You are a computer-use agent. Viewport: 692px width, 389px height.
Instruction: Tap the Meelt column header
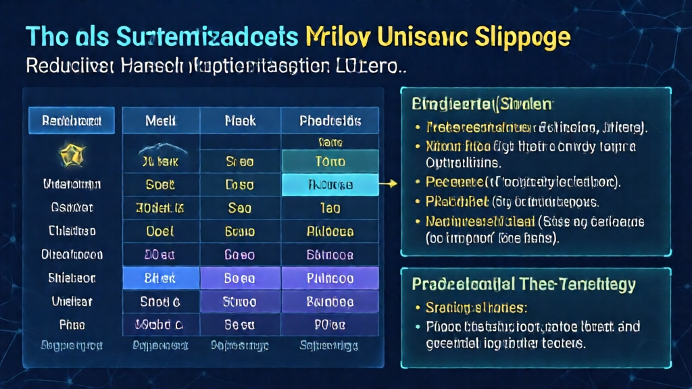(x=160, y=121)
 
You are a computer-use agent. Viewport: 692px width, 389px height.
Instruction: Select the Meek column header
(x=240, y=121)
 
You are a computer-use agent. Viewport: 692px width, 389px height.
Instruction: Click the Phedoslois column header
(x=330, y=121)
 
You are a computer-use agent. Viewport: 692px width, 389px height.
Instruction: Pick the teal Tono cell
(x=330, y=162)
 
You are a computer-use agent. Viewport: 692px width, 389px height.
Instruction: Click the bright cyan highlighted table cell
(x=330, y=184)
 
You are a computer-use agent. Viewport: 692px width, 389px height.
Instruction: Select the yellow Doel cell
(x=160, y=230)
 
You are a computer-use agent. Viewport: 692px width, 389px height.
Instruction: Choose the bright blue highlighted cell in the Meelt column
(x=160, y=277)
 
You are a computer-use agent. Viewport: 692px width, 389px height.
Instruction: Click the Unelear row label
(x=72, y=301)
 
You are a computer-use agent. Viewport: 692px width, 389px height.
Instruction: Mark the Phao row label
(x=72, y=324)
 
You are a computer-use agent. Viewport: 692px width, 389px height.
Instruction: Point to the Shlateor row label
(x=72, y=278)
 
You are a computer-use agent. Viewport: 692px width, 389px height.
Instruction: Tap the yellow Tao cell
(x=330, y=207)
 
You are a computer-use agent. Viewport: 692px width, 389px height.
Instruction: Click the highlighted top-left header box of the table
(x=71, y=121)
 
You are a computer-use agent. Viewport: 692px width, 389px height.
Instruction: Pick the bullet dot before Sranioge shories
(x=416, y=309)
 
